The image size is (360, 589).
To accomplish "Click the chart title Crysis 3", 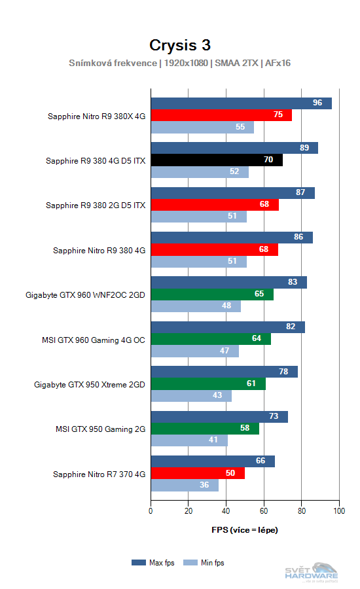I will (180, 45).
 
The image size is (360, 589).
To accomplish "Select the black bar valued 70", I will (217, 160).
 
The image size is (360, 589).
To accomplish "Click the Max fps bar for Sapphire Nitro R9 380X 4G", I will (241, 103).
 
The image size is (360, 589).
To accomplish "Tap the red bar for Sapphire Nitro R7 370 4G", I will (198, 473).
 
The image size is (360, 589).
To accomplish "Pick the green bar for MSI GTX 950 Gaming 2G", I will (205, 429).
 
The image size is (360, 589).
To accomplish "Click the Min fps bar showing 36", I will (185, 485).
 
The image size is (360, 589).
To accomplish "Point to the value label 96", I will (317, 103).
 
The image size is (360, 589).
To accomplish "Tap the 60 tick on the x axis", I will (264, 511).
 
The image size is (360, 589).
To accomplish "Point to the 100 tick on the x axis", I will (339, 511).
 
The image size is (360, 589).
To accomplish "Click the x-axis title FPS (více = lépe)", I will (245, 529).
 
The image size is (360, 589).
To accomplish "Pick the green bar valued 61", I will (208, 384).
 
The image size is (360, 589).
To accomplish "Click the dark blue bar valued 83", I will (228, 282).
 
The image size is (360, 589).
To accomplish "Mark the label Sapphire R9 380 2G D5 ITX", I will (96, 205).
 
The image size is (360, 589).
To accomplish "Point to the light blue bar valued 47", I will (194, 351).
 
